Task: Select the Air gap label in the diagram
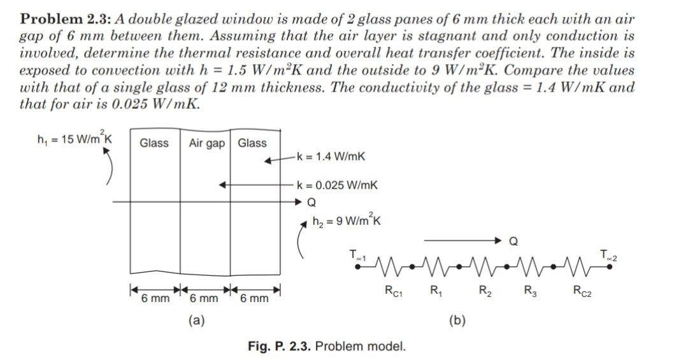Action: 207,143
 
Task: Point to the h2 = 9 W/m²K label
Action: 347,221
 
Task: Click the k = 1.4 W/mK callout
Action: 331,156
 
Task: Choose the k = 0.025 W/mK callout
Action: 338,185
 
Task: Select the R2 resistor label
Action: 485,292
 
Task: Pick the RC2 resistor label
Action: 581,292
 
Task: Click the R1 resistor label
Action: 436,292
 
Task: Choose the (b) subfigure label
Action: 456,320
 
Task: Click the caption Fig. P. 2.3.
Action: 280,347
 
